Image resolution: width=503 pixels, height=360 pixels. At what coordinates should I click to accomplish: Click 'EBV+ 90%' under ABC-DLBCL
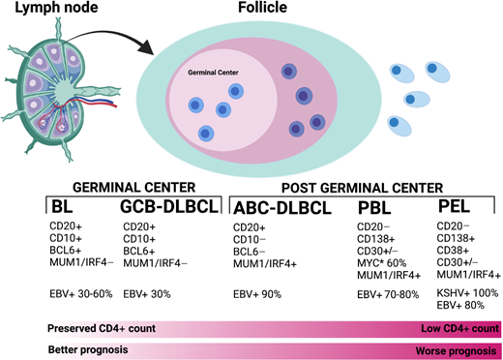point(258,292)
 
